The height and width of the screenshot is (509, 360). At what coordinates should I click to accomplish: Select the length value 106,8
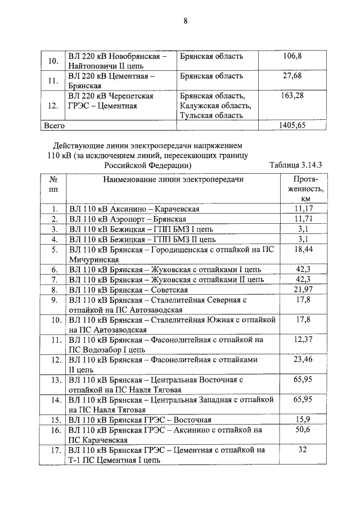tap(292, 56)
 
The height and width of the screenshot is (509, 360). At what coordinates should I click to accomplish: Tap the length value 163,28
tap(292, 96)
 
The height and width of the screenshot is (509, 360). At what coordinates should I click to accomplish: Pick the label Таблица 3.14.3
tap(295, 165)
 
